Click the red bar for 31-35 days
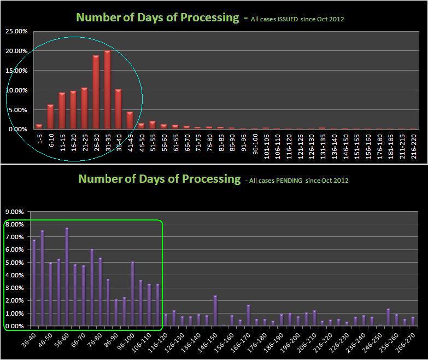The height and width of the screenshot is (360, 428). point(107,90)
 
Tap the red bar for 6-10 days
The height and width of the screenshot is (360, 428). point(50,117)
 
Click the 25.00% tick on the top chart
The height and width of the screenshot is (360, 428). point(17,32)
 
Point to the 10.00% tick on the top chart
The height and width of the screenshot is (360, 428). point(17,90)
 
